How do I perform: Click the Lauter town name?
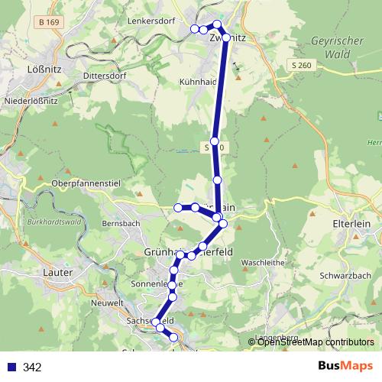click(x=58, y=272)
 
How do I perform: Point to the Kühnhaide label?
click(x=198, y=81)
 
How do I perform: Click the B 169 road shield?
click(x=48, y=22)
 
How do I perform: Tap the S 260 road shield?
click(x=302, y=65)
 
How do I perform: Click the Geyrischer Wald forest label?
click(x=335, y=47)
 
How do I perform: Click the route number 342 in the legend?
click(x=32, y=367)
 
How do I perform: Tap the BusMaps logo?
click(x=341, y=367)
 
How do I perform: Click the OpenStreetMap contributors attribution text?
click(x=315, y=342)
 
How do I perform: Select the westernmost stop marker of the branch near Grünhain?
click(x=178, y=207)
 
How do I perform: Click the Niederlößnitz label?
click(x=33, y=100)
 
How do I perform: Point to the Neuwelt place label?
click(x=106, y=303)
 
